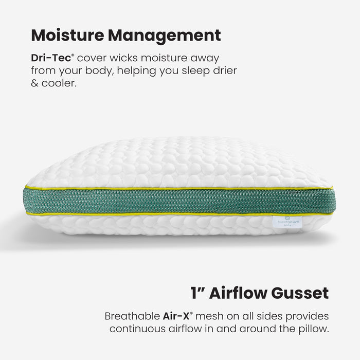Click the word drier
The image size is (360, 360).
pyautogui.click(x=222, y=70)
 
